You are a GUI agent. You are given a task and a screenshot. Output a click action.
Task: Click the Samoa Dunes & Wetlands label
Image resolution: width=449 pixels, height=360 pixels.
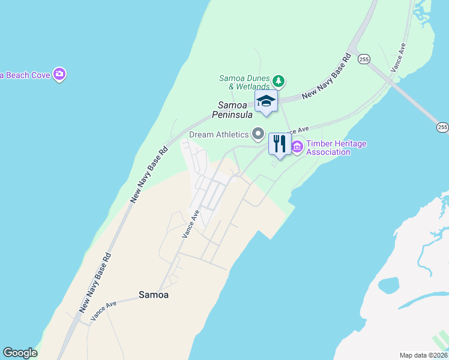244,82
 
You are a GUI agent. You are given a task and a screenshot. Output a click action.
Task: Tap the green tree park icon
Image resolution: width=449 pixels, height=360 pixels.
278,80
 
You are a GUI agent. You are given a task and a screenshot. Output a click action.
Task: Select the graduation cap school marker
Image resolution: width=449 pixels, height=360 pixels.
266,101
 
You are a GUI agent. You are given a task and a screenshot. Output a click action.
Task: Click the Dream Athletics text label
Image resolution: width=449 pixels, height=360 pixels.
218,134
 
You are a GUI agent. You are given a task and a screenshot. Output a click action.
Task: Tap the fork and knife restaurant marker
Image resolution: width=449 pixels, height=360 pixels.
279,144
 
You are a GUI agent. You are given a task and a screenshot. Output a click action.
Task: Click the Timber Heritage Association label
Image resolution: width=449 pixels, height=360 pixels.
336,148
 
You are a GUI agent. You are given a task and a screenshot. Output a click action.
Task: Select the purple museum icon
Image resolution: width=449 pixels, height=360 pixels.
297,146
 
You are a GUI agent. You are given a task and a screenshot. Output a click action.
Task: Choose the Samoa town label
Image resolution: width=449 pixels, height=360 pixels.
154,295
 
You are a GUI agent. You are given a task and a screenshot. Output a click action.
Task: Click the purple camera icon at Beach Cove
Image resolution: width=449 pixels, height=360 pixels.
59,74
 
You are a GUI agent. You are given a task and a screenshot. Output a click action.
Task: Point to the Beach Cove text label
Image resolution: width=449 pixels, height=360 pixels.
24,74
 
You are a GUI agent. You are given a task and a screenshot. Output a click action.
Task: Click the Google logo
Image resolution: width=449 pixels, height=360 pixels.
20,353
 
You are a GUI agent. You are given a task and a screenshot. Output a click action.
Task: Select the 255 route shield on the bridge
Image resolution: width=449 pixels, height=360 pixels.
442,127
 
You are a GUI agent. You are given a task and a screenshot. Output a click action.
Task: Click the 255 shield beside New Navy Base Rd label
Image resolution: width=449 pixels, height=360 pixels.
363,59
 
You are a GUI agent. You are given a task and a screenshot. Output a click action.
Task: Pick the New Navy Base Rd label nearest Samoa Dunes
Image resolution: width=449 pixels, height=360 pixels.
326,77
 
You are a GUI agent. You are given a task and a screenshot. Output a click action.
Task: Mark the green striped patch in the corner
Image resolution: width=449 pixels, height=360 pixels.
442,337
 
